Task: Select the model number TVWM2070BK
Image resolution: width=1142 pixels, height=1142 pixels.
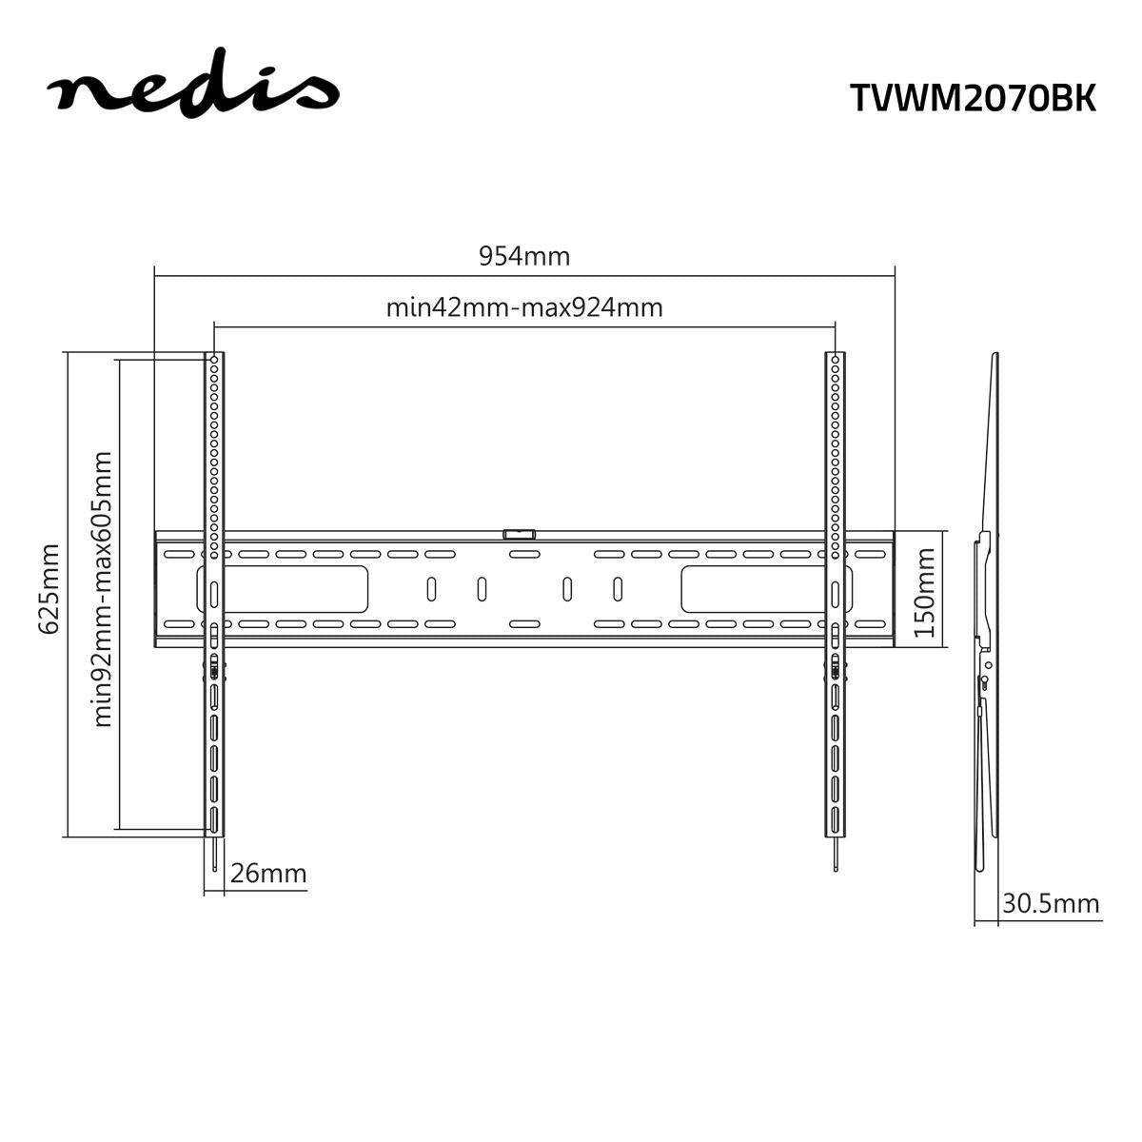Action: pos(973,98)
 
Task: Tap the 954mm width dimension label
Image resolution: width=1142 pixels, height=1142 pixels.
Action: pos(524,256)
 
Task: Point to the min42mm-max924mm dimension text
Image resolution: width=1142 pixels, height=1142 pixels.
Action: pos(524,307)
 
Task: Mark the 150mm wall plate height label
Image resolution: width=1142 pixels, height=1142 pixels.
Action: pos(926,590)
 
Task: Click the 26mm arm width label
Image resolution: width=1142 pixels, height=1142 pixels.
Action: pos(268,873)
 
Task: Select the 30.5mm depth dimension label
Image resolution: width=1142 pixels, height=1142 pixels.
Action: pos(1050,903)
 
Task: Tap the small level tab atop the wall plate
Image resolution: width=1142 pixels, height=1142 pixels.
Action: pos(520,535)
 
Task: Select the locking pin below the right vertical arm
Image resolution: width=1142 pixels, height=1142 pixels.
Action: pos(835,856)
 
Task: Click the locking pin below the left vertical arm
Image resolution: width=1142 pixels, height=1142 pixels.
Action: pos(215,856)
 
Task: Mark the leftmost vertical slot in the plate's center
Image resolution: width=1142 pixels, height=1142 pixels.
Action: pos(431,589)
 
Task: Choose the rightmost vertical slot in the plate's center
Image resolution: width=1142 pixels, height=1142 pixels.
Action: pos(618,589)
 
